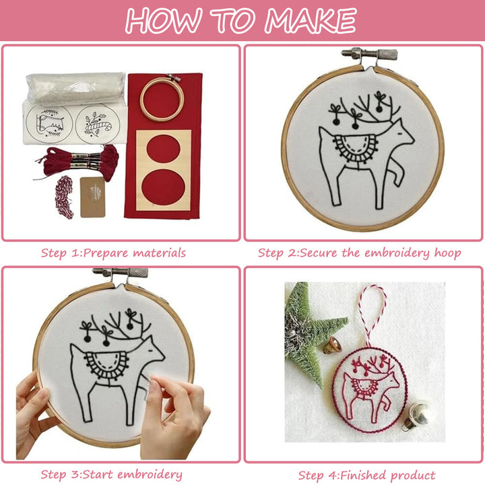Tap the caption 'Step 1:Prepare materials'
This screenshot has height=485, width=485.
pos(113,253)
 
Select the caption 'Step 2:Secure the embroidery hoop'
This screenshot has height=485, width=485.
pos(359,253)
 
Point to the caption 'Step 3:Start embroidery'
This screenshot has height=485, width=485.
pos(111,474)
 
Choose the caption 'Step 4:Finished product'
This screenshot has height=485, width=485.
pos(366,474)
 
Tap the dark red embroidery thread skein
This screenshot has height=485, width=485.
pos(81,161)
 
